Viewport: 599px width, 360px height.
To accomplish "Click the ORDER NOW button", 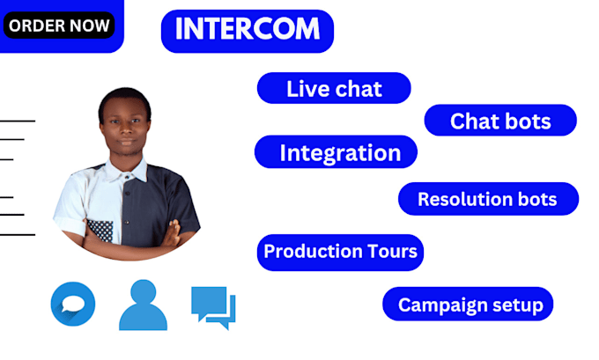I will point(60,25).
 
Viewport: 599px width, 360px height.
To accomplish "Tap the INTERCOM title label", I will point(247,30).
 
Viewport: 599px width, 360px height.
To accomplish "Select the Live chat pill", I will point(334,89).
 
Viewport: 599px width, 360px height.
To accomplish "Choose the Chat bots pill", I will point(500,121).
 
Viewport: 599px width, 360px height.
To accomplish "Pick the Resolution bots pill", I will point(487,199).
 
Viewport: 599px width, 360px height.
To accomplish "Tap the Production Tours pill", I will point(341,252).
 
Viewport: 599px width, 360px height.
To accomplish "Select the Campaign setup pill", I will point(468,305).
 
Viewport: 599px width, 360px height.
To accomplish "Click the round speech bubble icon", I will point(73,305).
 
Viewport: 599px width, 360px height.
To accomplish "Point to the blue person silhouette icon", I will point(143,305).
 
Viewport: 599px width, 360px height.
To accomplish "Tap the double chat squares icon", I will point(213,306).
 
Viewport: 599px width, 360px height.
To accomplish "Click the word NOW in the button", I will point(91,25).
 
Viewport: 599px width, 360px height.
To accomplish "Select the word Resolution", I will point(462,199).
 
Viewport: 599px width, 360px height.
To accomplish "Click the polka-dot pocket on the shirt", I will point(101,230).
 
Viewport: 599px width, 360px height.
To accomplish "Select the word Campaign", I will point(440,305).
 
